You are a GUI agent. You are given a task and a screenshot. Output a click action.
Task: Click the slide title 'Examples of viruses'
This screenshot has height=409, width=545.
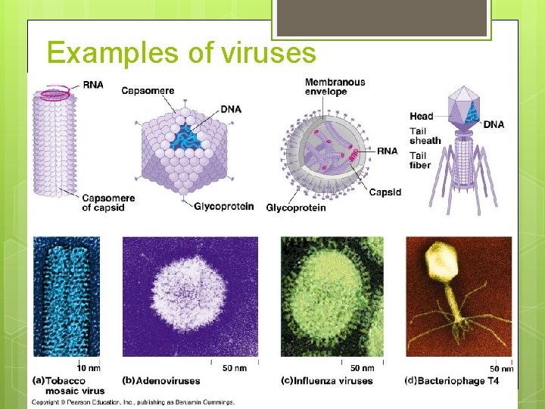click(181, 52)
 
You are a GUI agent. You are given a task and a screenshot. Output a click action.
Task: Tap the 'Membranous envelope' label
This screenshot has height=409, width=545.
click(335, 86)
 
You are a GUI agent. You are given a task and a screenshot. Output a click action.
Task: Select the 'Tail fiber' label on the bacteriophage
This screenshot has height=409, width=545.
click(420, 161)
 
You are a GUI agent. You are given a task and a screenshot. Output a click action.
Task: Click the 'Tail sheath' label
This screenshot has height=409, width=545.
click(425, 136)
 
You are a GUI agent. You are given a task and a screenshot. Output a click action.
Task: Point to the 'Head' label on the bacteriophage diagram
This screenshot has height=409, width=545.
click(422, 116)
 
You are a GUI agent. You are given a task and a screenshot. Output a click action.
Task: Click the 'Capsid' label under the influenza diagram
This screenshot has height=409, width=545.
click(385, 192)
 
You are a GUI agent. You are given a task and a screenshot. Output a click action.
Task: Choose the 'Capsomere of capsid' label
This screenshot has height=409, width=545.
click(108, 203)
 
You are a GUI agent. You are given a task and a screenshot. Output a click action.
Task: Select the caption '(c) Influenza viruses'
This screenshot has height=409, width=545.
click(326, 380)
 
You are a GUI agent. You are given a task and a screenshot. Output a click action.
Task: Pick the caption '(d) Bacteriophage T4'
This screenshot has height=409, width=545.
click(452, 380)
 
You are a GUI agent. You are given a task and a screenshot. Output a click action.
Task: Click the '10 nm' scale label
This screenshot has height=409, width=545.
click(89, 369)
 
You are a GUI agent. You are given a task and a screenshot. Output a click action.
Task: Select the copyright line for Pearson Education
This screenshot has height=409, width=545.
click(132, 402)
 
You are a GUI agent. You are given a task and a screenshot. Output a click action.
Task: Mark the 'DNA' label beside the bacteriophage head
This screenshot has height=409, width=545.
click(494, 124)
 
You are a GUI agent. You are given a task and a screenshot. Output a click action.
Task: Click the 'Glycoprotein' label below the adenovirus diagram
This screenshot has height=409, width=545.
click(223, 207)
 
